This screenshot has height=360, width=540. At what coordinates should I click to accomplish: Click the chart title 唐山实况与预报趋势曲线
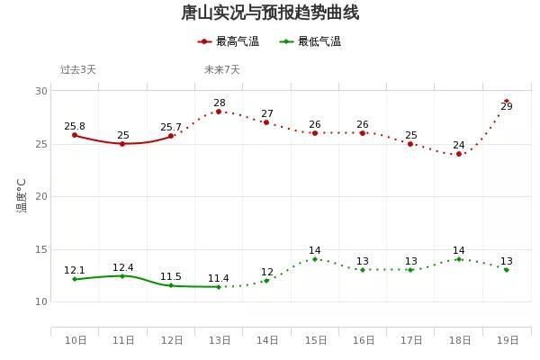(x=270, y=13)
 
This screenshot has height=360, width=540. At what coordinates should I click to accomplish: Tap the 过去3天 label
(x=77, y=69)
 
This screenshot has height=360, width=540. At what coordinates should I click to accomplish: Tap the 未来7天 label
(x=221, y=69)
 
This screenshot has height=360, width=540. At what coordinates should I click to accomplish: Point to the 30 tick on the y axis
(x=41, y=91)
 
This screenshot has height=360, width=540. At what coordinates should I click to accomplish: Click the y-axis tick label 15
(x=41, y=249)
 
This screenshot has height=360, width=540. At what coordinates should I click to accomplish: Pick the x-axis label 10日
(x=75, y=340)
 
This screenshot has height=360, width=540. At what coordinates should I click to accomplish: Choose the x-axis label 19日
(x=507, y=340)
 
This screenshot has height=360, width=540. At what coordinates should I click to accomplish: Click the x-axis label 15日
(x=315, y=340)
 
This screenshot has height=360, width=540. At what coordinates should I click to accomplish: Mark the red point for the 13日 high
(x=219, y=112)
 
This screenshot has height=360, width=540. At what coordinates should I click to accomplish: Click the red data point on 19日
(x=507, y=102)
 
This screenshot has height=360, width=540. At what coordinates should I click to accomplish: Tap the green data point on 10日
(x=75, y=279)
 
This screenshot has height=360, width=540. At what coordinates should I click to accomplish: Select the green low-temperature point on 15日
(x=315, y=259)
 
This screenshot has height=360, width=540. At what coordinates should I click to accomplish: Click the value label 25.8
(x=75, y=126)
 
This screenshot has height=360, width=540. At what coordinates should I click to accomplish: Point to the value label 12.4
(x=123, y=267)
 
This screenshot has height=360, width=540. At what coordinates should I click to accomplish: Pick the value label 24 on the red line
(x=459, y=145)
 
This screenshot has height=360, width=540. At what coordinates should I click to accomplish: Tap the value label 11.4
(x=219, y=278)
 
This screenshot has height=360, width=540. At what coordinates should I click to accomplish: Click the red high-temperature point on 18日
(x=459, y=154)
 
